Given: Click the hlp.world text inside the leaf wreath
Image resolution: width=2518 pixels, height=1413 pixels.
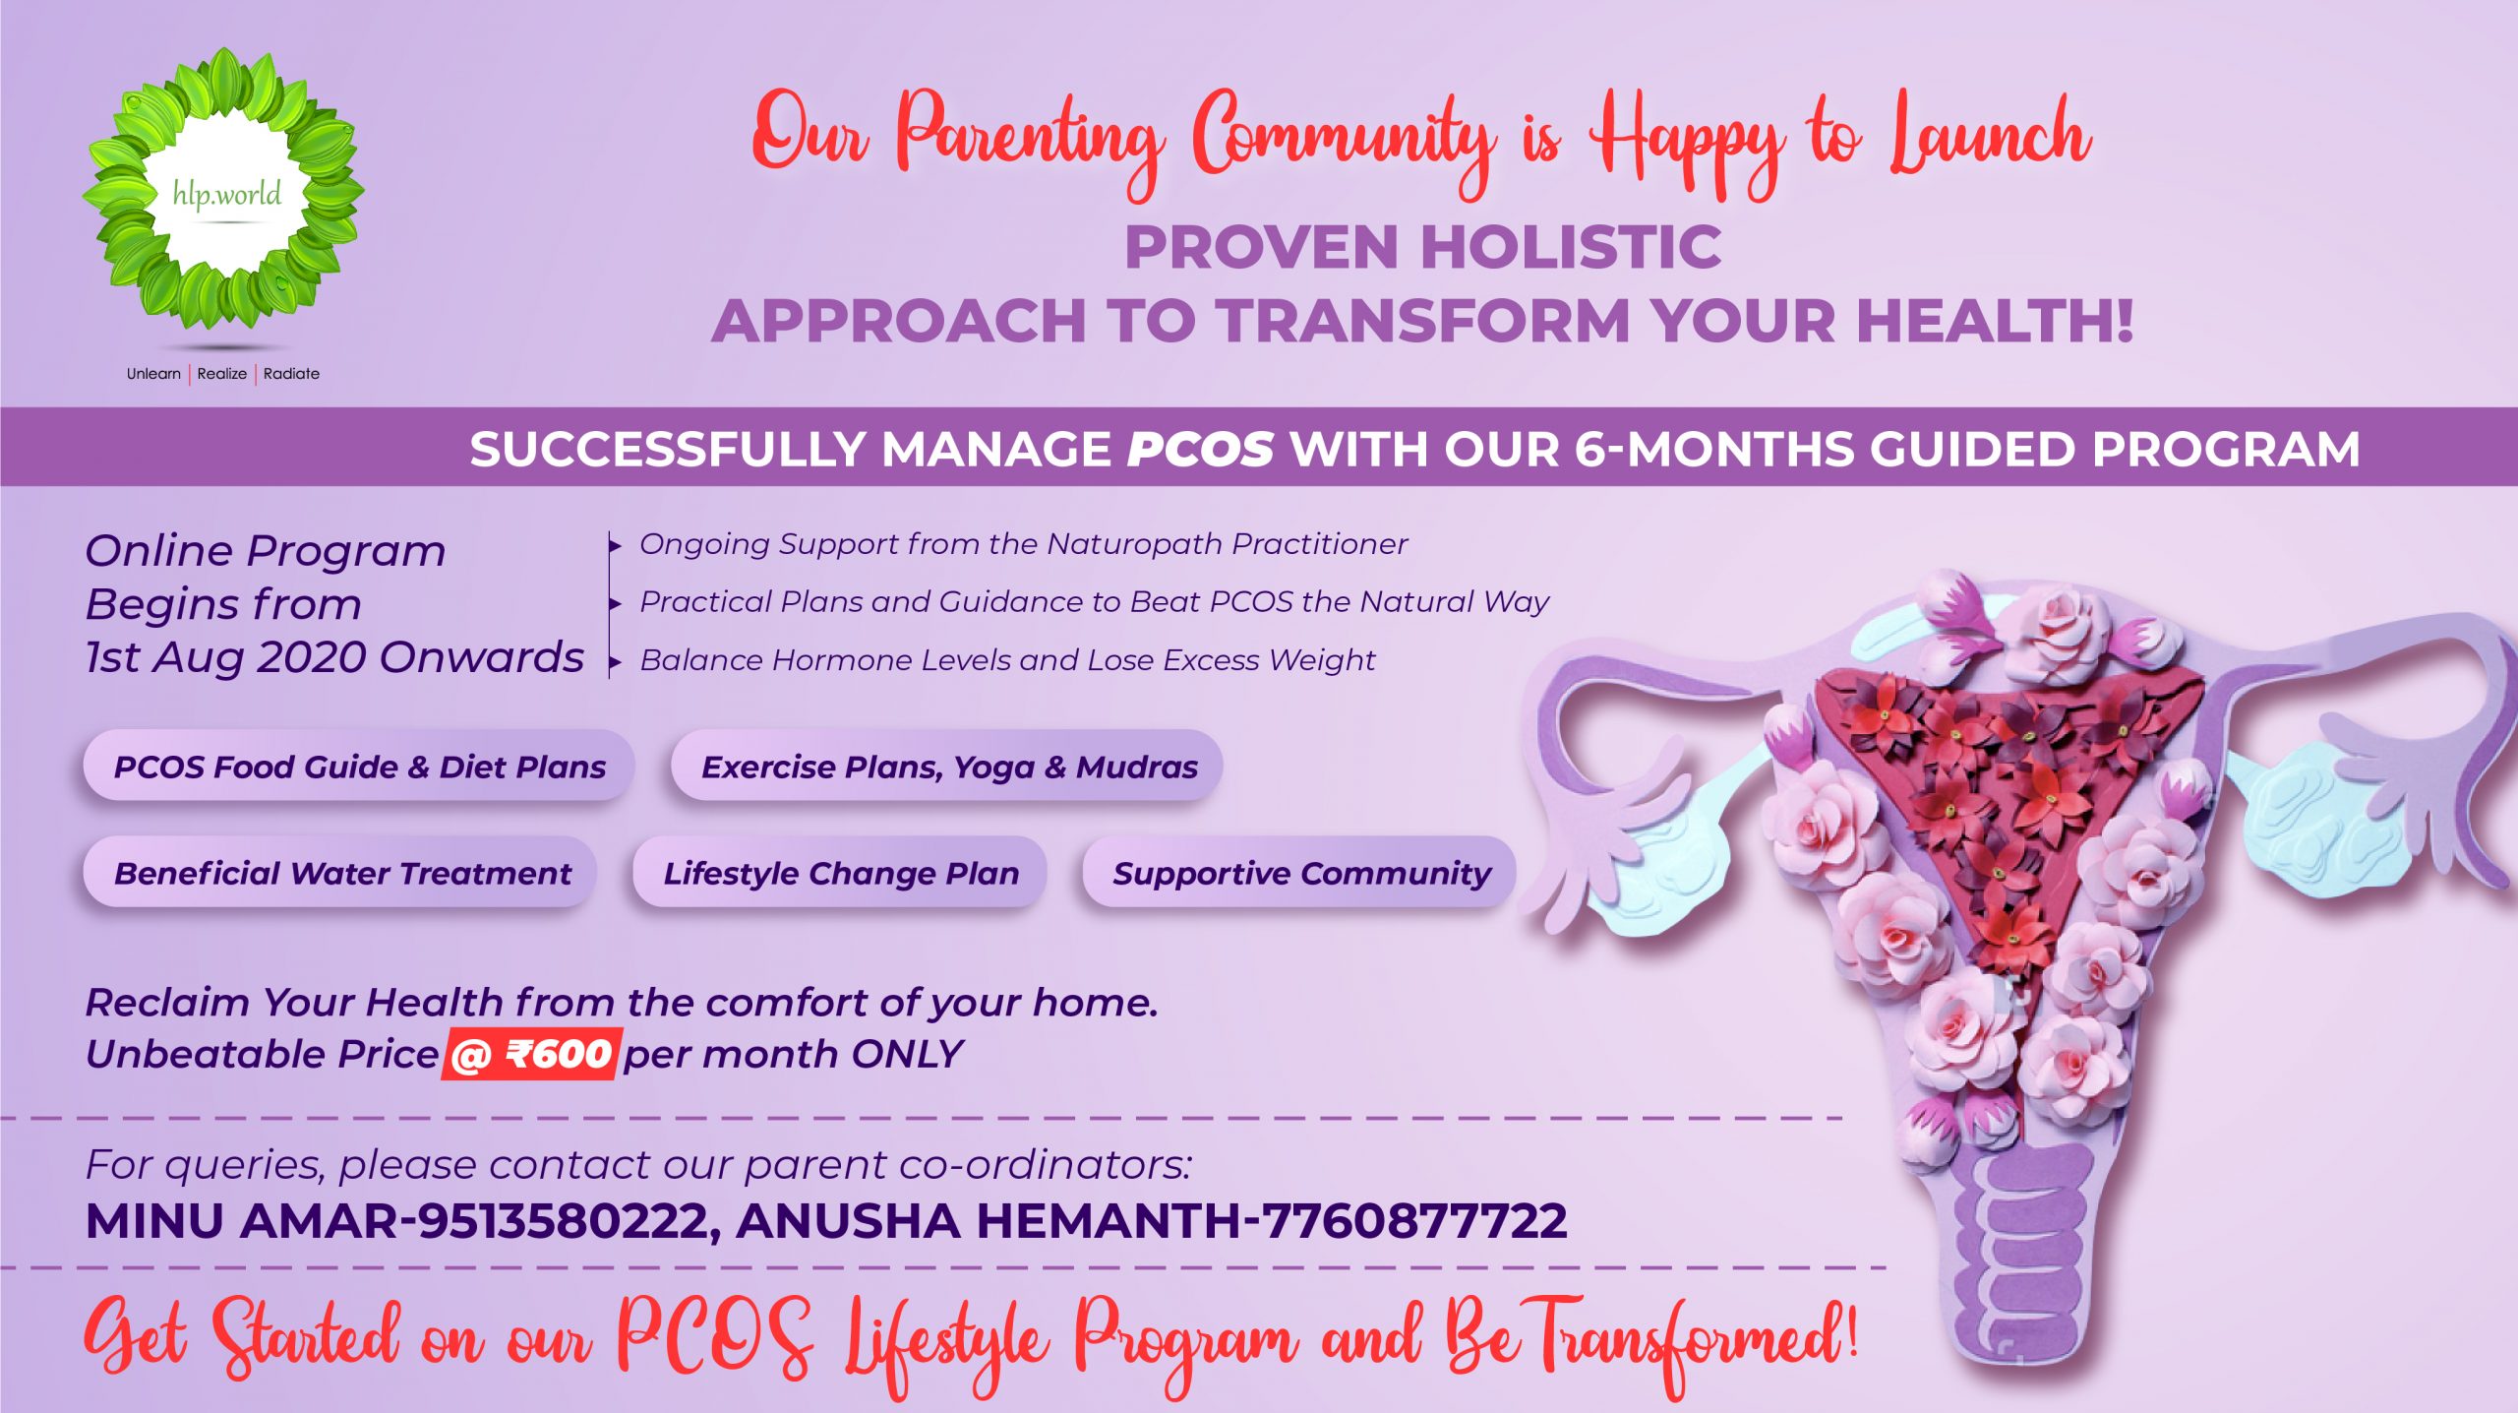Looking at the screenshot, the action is click(227, 193).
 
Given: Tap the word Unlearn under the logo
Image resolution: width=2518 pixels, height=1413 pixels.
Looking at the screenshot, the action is click(153, 374).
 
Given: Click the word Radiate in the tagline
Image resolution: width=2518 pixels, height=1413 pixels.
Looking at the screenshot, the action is click(291, 374).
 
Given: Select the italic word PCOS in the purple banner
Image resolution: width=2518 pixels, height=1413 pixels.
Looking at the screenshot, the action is click(1200, 449).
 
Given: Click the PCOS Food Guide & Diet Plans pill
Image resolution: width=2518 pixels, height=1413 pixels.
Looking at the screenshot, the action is click(359, 766).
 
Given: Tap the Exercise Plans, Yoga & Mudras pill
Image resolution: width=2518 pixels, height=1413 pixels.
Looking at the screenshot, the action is click(947, 766).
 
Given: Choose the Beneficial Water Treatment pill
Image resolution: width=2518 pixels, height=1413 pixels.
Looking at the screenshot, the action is click(340, 872).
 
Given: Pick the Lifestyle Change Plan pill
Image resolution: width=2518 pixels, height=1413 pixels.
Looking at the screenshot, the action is click(840, 872).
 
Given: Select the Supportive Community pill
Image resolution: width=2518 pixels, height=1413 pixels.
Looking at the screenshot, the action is click(1299, 872).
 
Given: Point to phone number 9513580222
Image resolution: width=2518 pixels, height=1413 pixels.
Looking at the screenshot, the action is click(563, 1221).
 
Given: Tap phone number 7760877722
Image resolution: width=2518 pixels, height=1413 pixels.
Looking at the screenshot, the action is click(1414, 1221).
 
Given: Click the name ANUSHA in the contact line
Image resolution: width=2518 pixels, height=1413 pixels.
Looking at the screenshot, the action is click(848, 1221).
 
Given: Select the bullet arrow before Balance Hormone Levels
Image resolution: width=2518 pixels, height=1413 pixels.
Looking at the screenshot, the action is click(616, 662).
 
